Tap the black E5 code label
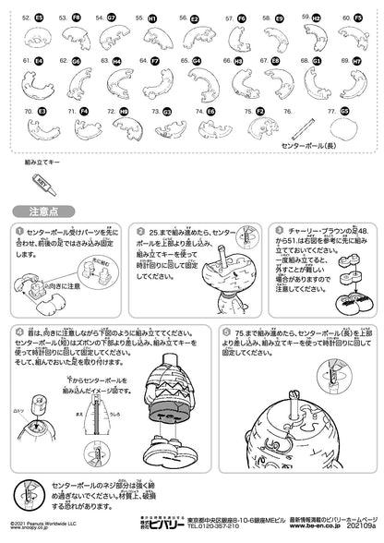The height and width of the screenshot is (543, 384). click(x=38, y=18)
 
